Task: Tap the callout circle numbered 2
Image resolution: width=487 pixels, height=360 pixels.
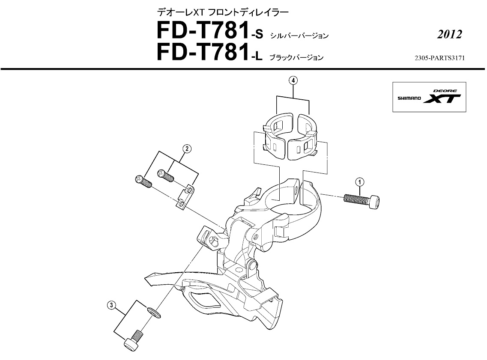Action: point(186,149)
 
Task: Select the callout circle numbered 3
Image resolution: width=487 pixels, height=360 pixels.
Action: point(111,305)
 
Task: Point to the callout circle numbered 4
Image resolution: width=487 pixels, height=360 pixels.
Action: point(293,80)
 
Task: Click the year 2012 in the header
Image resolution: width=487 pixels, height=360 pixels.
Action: point(449,35)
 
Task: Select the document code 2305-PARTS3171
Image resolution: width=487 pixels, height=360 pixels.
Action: point(439,57)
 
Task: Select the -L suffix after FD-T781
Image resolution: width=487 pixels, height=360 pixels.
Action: point(256,57)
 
